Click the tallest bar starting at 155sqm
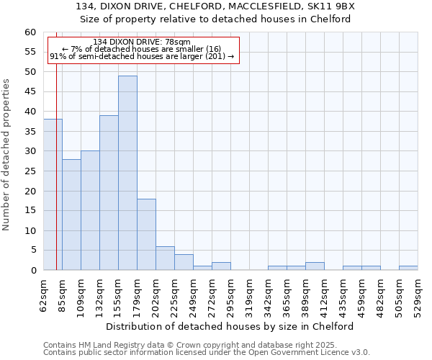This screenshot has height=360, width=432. click(x=127, y=173)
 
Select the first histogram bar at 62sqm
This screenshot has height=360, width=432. click(x=53, y=194)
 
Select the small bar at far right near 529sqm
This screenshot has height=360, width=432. click(x=408, y=269)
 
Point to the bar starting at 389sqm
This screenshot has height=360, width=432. click(x=315, y=266)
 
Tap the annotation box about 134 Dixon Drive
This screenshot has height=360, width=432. click(x=143, y=50)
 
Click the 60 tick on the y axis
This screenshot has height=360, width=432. click(x=30, y=32)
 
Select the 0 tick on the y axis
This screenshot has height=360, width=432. click(x=33, y=271)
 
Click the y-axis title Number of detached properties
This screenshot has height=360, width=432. click(x=7, y=155)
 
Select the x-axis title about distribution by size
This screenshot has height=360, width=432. click(x=235, y=326)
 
